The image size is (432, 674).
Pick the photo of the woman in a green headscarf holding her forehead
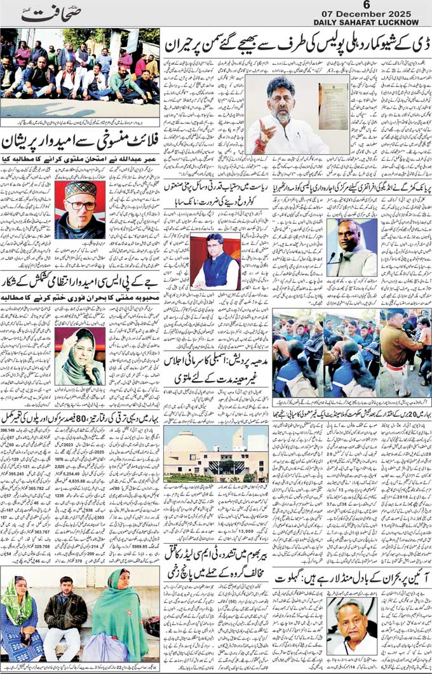pos(79,356)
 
